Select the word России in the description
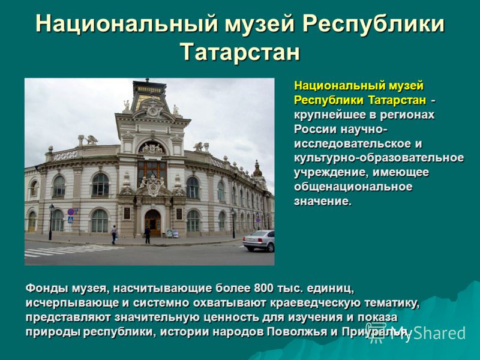coord(316,129)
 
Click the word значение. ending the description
coord(323,202)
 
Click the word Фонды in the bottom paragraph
coord(47,289)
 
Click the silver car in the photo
coord(259,241)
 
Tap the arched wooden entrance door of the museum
coord(153,223)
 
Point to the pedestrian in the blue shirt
coord(114,235)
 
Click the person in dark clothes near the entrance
coord(147,235)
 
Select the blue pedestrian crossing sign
coord(70,220)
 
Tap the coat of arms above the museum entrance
coord(153,186)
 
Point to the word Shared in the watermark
coord(440,333)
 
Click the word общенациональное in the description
coord(353,187)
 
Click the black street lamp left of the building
coord(51,222)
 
